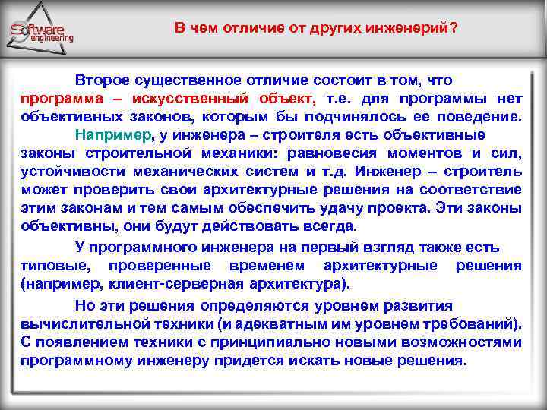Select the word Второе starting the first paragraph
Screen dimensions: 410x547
tap(100, 80)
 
